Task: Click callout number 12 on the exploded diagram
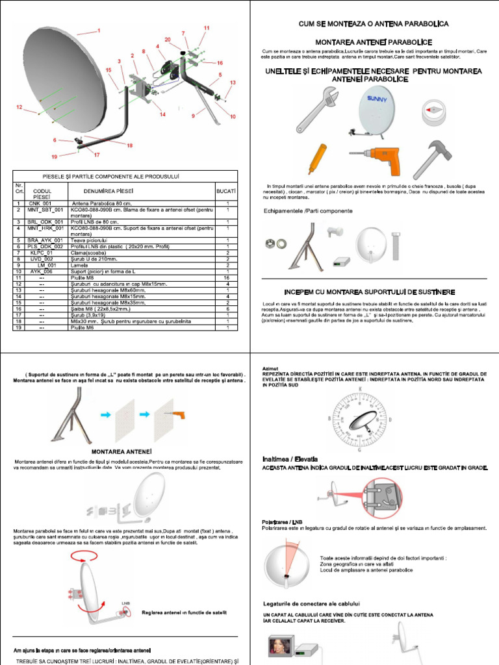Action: tap(20, 107)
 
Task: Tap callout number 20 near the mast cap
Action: tap(168, 40)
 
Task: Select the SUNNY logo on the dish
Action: tap(375, 99)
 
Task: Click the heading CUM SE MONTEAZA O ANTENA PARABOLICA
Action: tap(374, 23)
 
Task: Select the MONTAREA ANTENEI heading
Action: tap(122, 450)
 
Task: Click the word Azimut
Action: tap(269, 369)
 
